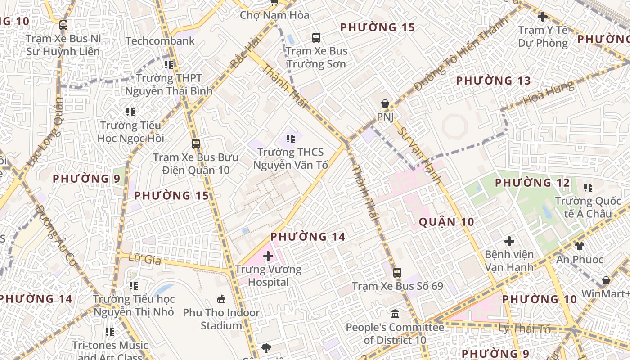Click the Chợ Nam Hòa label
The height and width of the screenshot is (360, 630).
coord(274,15)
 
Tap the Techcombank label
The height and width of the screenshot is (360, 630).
coord(160,41)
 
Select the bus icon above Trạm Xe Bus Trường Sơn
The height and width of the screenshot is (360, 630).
coord(316,37)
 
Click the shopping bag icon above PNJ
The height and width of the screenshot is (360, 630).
coord(385,104)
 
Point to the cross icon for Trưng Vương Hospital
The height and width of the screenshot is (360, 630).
coord(268,256)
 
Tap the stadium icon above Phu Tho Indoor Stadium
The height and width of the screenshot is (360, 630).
coord(221,299)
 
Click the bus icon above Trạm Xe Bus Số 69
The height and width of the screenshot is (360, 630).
coord(397,272)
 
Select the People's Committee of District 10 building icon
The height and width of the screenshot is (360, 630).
coord(395,314)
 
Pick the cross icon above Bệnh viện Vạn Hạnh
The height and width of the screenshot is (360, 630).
coord(509,241)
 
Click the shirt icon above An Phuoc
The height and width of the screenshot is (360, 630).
coord(580,246)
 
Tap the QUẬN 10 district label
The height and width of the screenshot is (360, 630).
coord(446,222)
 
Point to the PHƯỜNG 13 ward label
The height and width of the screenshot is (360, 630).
coord(494,81)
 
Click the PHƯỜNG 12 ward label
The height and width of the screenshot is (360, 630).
coord(532,183)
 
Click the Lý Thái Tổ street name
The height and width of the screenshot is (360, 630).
coord(524,328)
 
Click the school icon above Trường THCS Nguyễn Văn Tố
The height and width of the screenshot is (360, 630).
coord(291,139)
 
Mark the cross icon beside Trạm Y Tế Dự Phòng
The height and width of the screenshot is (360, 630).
coord(543,17)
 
